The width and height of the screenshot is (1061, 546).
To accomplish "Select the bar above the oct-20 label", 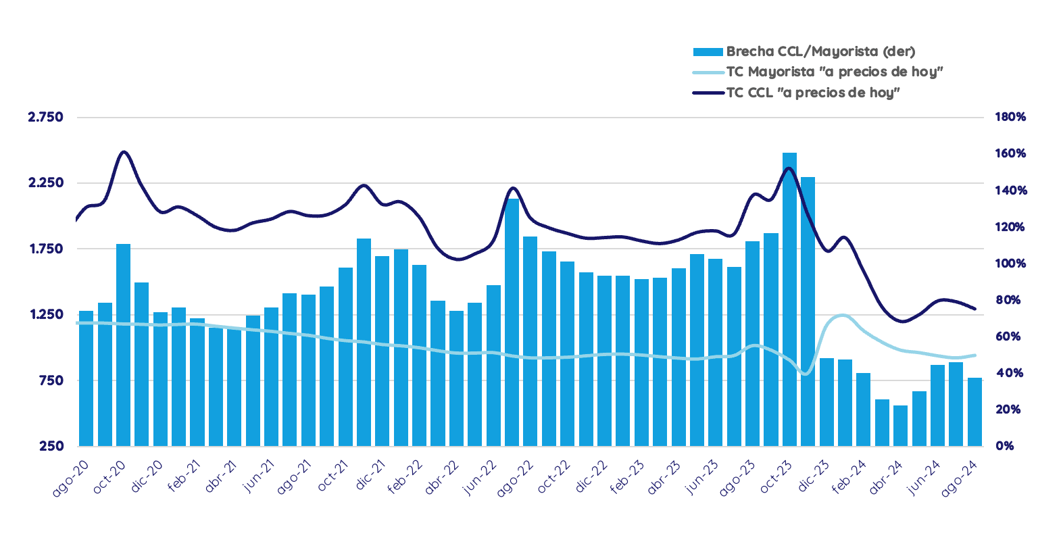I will tap(123, 345).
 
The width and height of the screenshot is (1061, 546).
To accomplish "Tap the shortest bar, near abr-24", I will tap(900, 426).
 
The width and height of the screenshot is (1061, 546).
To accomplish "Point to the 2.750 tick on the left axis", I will tap(45, 117).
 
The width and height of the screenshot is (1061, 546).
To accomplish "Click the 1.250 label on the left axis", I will tap(45, 314).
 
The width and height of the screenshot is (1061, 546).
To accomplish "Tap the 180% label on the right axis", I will tap(1010, 117).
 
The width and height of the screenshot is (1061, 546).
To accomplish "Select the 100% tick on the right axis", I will tap(1010, 264).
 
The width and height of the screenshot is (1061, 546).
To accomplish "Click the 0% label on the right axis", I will tap(1004, 446).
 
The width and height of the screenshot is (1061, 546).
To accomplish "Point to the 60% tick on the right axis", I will tap(1008, 337).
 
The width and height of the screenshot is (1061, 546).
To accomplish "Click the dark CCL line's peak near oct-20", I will tap(124, 152).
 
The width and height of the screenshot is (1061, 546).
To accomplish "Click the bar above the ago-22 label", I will tap(512, 322).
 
